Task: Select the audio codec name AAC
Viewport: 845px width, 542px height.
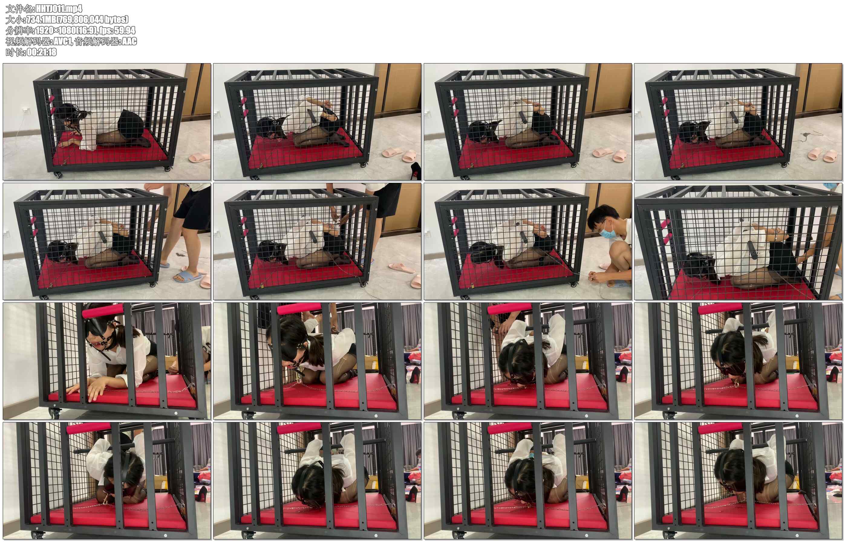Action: pyautogui.click(x=129, y=41)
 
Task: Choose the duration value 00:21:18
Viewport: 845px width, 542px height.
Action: pyautogui.click(x=41, y=52)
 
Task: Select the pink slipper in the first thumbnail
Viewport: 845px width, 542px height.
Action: pyautogui.click(x=199, y=157)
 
